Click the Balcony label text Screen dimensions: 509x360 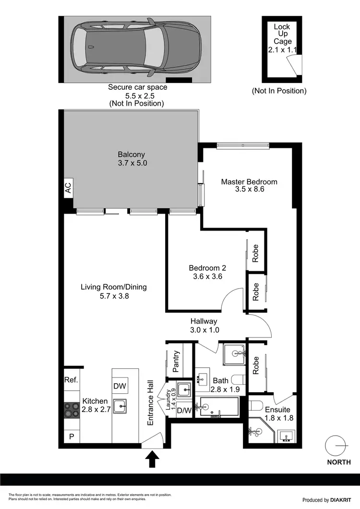coord(132,159)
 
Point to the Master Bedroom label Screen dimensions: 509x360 coord(249,185)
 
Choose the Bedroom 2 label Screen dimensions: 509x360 coord(207,272)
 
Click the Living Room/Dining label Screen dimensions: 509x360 coord(113,291)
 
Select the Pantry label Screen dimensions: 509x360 coord(176,361)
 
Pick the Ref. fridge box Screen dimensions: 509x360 coord(71,380)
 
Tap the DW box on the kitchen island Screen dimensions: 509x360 coord(120,386)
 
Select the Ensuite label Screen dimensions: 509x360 coord(278,414)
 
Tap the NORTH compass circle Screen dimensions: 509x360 coord(335,446)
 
